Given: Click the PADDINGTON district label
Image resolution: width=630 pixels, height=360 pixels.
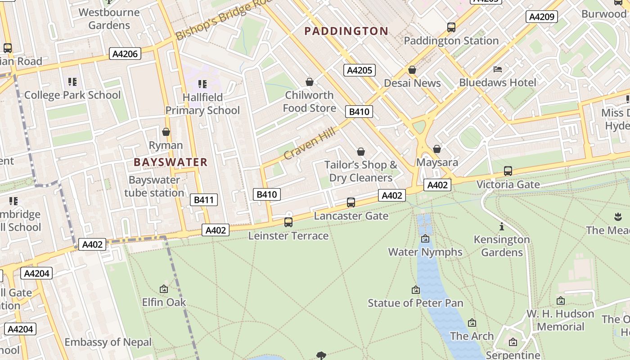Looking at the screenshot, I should coord(346,31).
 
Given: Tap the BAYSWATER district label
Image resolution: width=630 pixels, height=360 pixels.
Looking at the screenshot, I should coord(171,162).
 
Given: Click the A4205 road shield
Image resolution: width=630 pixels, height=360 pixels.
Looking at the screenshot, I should coord(359,70).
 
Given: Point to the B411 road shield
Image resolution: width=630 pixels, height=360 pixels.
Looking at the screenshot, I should coord(203,200).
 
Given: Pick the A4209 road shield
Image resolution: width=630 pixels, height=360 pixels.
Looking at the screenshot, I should coord(542,17).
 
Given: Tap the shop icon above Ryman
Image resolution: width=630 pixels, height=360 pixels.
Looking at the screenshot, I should coord(166,132).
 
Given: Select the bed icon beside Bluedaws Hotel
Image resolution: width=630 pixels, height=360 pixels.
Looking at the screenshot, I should coord(498,69).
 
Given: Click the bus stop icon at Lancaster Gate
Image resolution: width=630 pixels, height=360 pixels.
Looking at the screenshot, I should coord(351,202).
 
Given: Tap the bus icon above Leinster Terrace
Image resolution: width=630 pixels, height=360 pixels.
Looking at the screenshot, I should coord(288,222).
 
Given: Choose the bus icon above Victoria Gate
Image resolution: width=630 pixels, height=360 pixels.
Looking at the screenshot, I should coord(508,171).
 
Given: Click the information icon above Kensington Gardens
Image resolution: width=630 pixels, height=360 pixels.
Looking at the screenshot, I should coord(502,226).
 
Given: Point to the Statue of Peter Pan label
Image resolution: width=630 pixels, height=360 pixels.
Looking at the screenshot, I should coord(415,303).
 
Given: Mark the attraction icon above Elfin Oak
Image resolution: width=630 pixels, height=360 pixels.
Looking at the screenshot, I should coord(164,289).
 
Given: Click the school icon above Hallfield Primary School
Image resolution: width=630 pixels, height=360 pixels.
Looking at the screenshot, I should coord(202,84).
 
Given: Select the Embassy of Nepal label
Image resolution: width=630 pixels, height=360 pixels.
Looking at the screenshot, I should coord(108,342).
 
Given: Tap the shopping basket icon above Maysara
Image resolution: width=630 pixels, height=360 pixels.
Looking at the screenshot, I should coord(437,149).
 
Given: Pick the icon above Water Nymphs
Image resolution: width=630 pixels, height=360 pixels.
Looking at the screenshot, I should coord(425,238).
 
